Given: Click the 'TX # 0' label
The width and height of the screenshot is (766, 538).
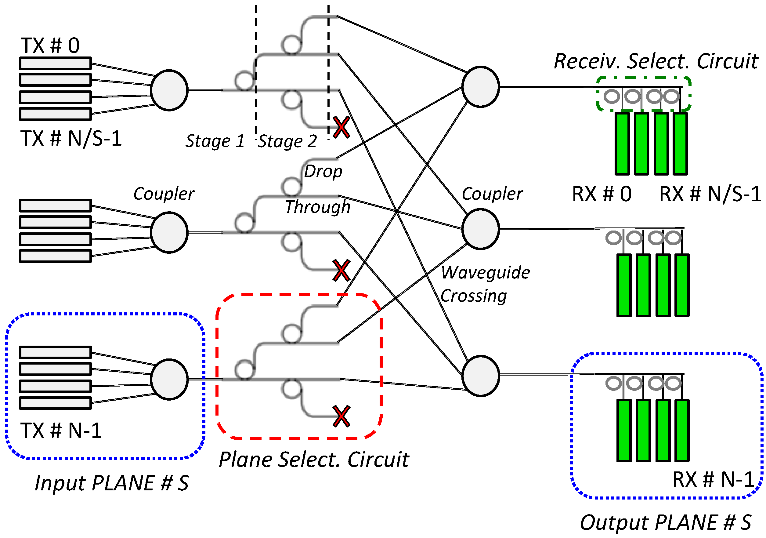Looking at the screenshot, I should pyautogui.click(x=50, y=46).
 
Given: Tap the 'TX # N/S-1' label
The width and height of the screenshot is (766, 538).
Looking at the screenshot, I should pyautogui.click(x=71, y=139).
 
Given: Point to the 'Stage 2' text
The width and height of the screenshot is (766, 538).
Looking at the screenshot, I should pyautogui.click(x=287, y=141).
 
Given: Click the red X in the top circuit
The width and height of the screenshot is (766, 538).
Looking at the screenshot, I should pyautogui.click(x=341, y=127).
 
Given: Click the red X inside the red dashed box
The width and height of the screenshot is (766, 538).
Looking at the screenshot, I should pyautogui.click(x=341, y=416).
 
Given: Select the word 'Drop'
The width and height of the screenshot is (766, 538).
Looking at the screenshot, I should pyautogui.click(x=323, y=172).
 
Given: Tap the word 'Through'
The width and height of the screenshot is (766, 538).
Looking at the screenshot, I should pyautogui.click(x=318, y=207).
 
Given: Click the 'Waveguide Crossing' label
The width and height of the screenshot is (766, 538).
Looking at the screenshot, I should pyautogui.click(x=485, y=284).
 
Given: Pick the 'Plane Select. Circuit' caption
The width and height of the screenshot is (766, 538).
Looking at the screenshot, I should pyautogui.click(x=314, y=460).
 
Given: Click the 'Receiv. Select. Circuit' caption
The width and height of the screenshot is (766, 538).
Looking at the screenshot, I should pyautogui.click(x=656, y=61).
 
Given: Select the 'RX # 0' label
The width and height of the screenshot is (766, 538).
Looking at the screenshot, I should pyautogui.click(x=602, y=194).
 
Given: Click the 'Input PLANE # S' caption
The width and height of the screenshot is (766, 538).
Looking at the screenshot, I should pyautogui.click(x=112, y=483).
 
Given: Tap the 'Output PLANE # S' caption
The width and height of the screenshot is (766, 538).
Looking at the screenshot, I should pyautogui.click(x=666, y=523).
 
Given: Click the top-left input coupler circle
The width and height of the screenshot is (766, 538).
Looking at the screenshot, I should pyautogui.click(x=169, y=90).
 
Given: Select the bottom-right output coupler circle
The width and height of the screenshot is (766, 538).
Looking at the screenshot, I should pyautogui.click(x=480, y=376).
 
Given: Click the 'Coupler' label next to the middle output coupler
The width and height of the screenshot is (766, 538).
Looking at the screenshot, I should pyautogui.click(x=492, y=194).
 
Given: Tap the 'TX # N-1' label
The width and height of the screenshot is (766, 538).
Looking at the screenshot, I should pyautogui.click(x=61, y=431).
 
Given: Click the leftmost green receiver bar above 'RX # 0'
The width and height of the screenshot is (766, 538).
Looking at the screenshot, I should pyautogui.click(x=622, y=144).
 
